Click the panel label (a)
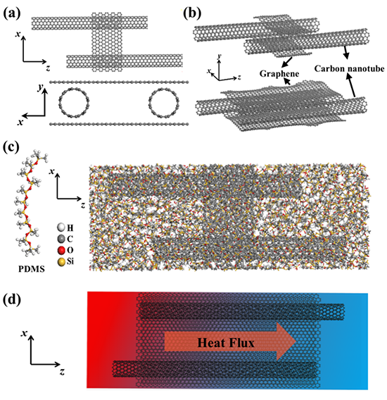coord(12,13)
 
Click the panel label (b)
coord(192,13)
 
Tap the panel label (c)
coord(11,148)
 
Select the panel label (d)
coord(12,300)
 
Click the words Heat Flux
coord(226,342)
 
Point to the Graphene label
coord(279,74)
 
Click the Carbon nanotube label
coord(349,68)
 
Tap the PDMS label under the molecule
coord(32,269)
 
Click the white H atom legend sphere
coord(61,227)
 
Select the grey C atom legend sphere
coord(61,239)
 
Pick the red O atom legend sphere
coord(61,250)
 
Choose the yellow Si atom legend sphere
coord(61,262)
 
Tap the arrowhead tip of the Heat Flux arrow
coord(296,342)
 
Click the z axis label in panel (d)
coord(62,372)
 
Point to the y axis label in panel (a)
coord(40,87)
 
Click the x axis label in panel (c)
coord(52,171)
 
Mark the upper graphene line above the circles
coord(119,82)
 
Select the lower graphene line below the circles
coord(119,124)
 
